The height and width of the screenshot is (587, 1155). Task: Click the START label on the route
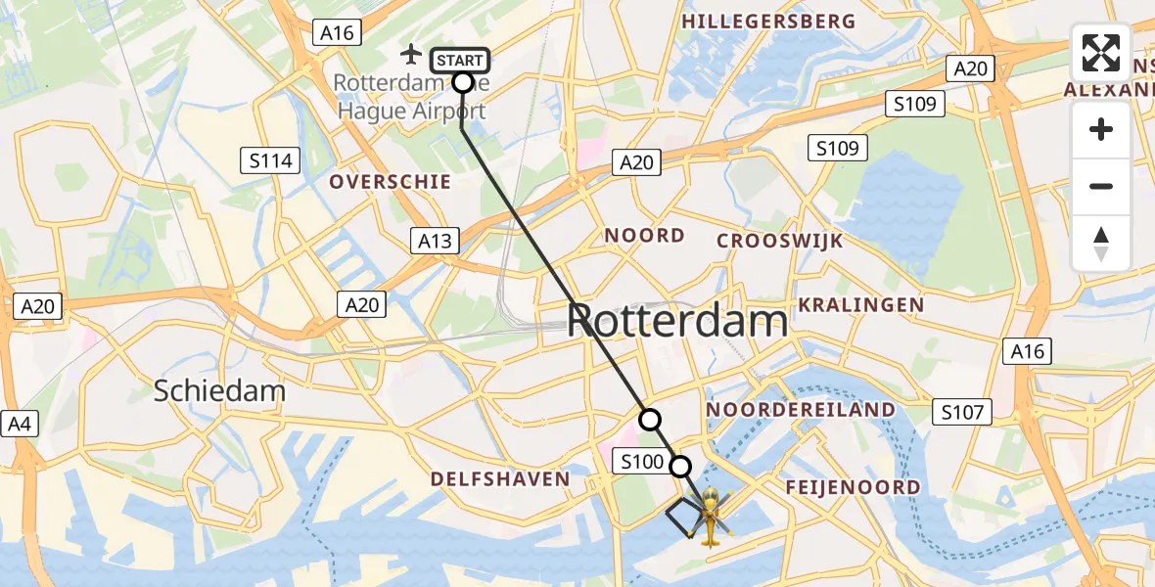[x=459, y=61]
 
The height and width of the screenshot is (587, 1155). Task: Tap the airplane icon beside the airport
[x=412, y=53]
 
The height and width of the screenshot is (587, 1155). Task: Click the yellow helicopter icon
[x=712, y=513]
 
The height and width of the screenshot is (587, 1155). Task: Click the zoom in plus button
[x=1101, y=129]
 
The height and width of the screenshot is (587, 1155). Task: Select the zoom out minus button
[x=1101, y=186]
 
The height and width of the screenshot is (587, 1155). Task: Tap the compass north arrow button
[x=1101, y=243]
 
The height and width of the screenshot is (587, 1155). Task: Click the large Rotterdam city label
[x=677, y=321]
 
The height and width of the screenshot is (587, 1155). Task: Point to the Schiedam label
[x=219, y=391]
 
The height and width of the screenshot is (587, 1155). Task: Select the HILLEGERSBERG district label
[x=768, y=22]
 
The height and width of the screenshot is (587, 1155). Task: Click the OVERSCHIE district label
[x=391, y=182]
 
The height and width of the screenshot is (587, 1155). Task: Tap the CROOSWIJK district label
[x=780, y=242]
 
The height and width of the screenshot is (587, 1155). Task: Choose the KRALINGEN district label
[x=861, y=305]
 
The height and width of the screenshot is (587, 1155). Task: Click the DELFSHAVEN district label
[x=500, y=479]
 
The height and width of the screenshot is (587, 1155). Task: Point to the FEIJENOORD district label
[x=854, y=487]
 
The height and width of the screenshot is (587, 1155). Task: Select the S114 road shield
[x=271, y=160]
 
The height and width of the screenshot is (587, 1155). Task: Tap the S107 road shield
[x=961, y=412]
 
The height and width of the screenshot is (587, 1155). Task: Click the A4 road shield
[x=19, y=424]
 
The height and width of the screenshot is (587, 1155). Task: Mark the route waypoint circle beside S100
[x=679, y=467]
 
